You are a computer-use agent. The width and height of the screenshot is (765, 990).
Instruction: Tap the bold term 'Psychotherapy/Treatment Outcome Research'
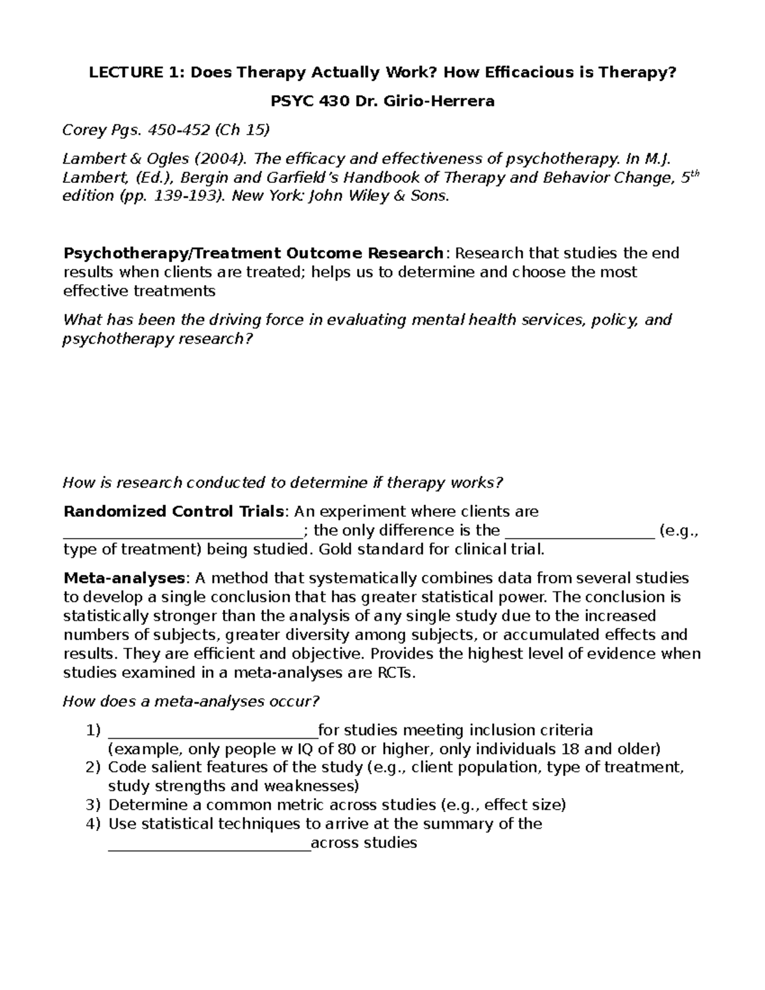tap(253, 253)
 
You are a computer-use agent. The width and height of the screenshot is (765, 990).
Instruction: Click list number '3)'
tap(93, 805)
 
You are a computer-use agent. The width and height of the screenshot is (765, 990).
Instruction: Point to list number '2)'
tap(93, 768)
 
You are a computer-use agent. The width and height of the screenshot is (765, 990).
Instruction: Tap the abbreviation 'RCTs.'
tap(395, 673)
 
